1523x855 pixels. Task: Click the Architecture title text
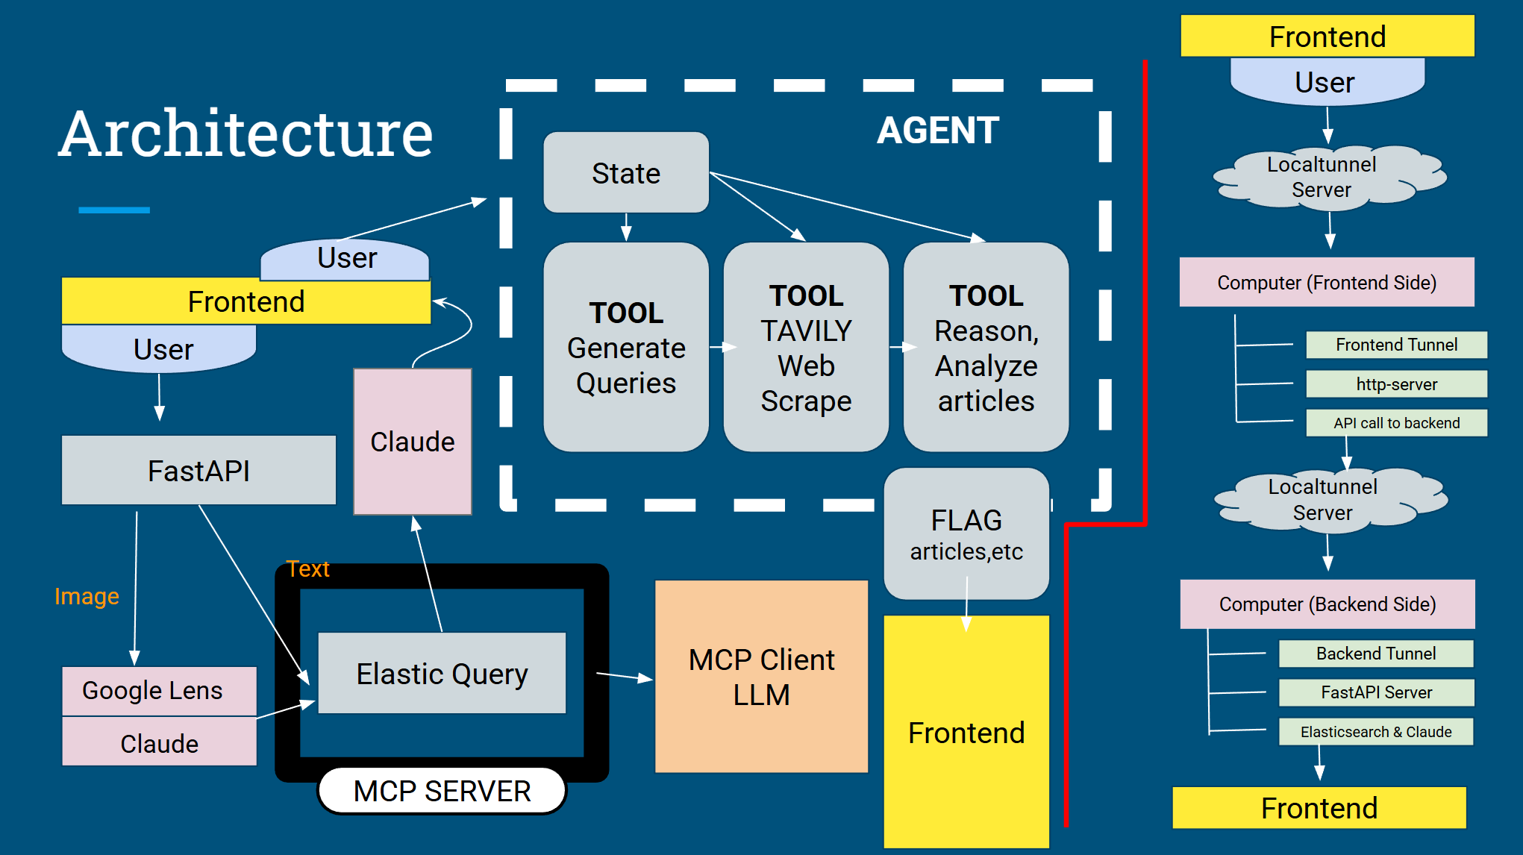tap(246, 134)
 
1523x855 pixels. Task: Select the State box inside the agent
tap(626, 173)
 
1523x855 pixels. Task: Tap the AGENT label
tap(937, 131)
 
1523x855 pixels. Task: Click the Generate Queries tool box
tap(626, 347)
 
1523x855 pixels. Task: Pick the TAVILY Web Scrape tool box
tap(806, 347)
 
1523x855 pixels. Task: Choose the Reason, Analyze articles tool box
tap(986, 347)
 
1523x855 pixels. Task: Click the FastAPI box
tap(198, 471)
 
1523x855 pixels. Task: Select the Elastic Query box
tap(442, 674)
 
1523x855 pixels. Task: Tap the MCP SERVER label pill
tap(442, 791)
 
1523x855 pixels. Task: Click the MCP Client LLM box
tap(761, 677)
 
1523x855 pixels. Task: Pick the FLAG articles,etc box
tap(966, 534)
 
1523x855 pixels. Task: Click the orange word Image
tap(87, 596)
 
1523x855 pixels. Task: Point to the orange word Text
tap(307, 569)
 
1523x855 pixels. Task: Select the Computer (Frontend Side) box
tap(1327, 283)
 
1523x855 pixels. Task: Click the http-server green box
tap(1396, 384)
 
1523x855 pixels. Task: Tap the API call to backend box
tap(1396, 423)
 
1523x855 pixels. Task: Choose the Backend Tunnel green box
tap(1376, 654)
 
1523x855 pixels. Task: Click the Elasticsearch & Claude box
tap(1376, 732)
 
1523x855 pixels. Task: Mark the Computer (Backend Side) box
tap(1327, 604)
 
